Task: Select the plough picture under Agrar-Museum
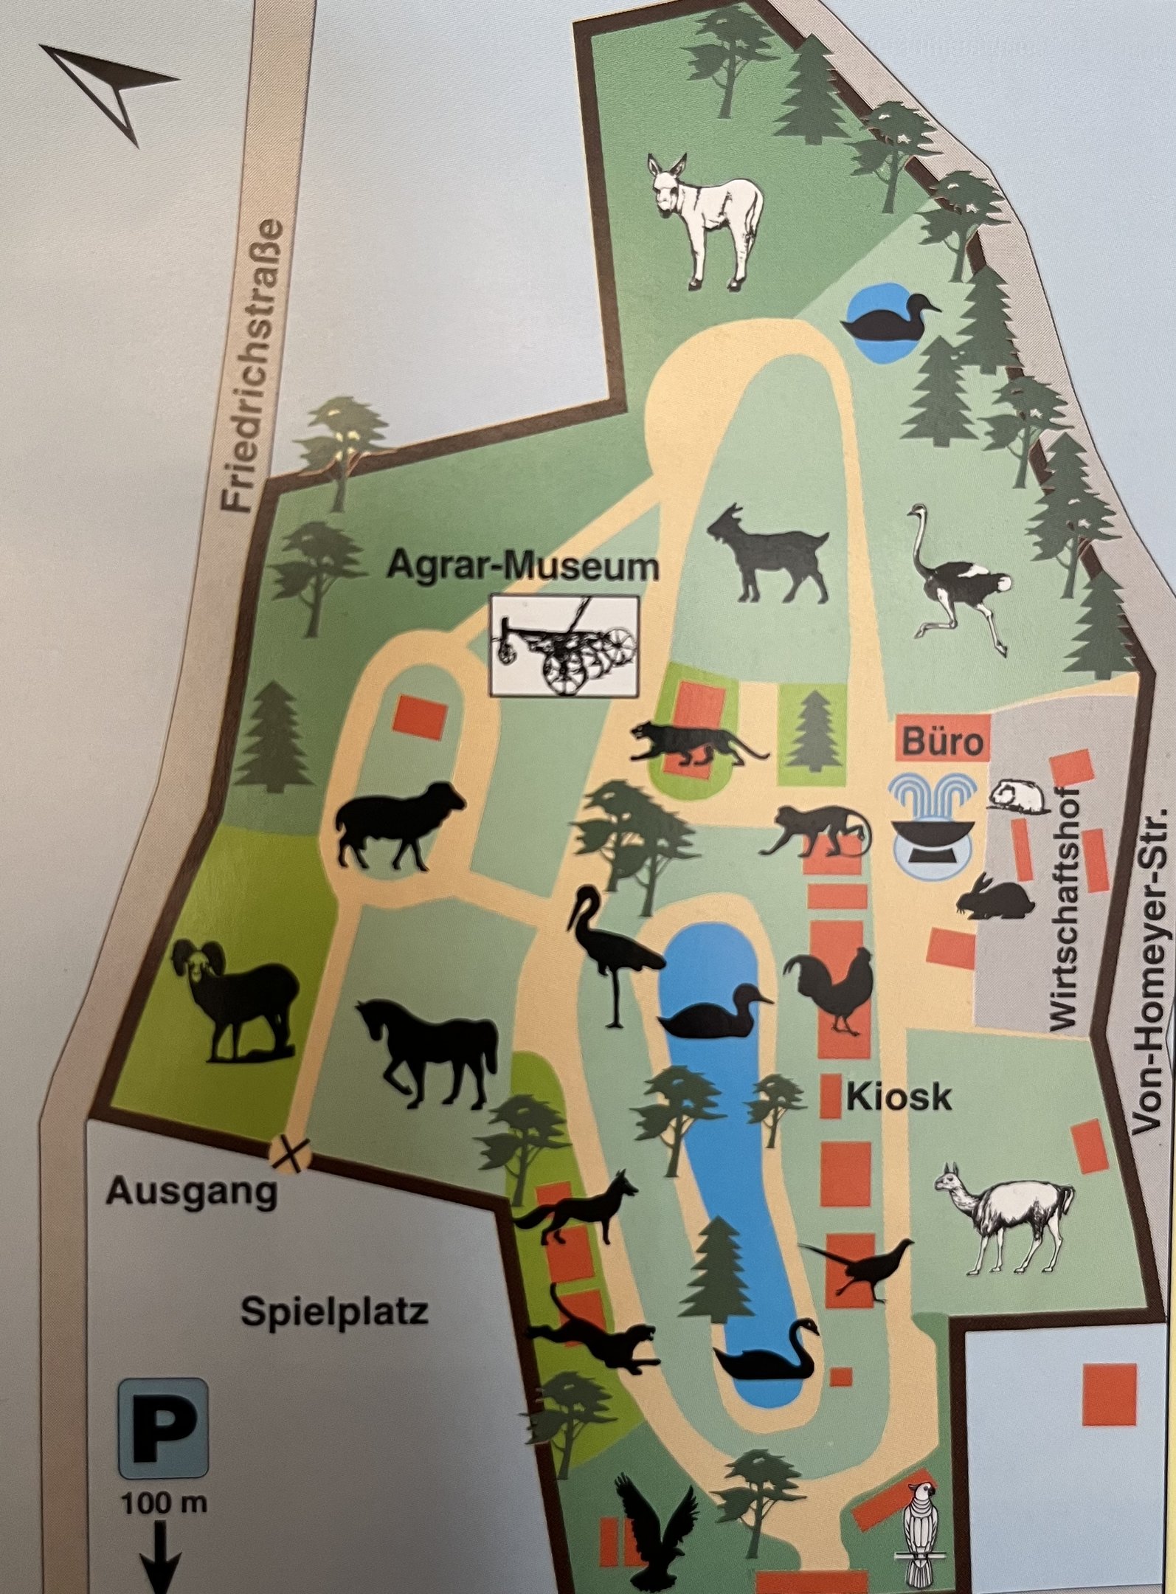tap(564, 646)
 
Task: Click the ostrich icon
tap(955, 580)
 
